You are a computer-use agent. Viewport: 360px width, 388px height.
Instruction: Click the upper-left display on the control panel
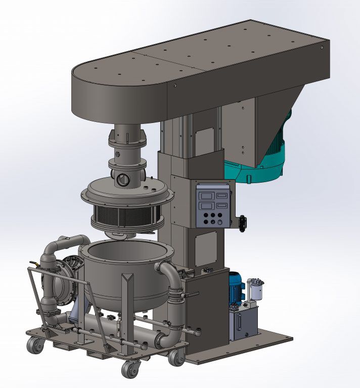[204, 195]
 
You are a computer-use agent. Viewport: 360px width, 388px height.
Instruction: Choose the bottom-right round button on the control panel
[219, 222]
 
